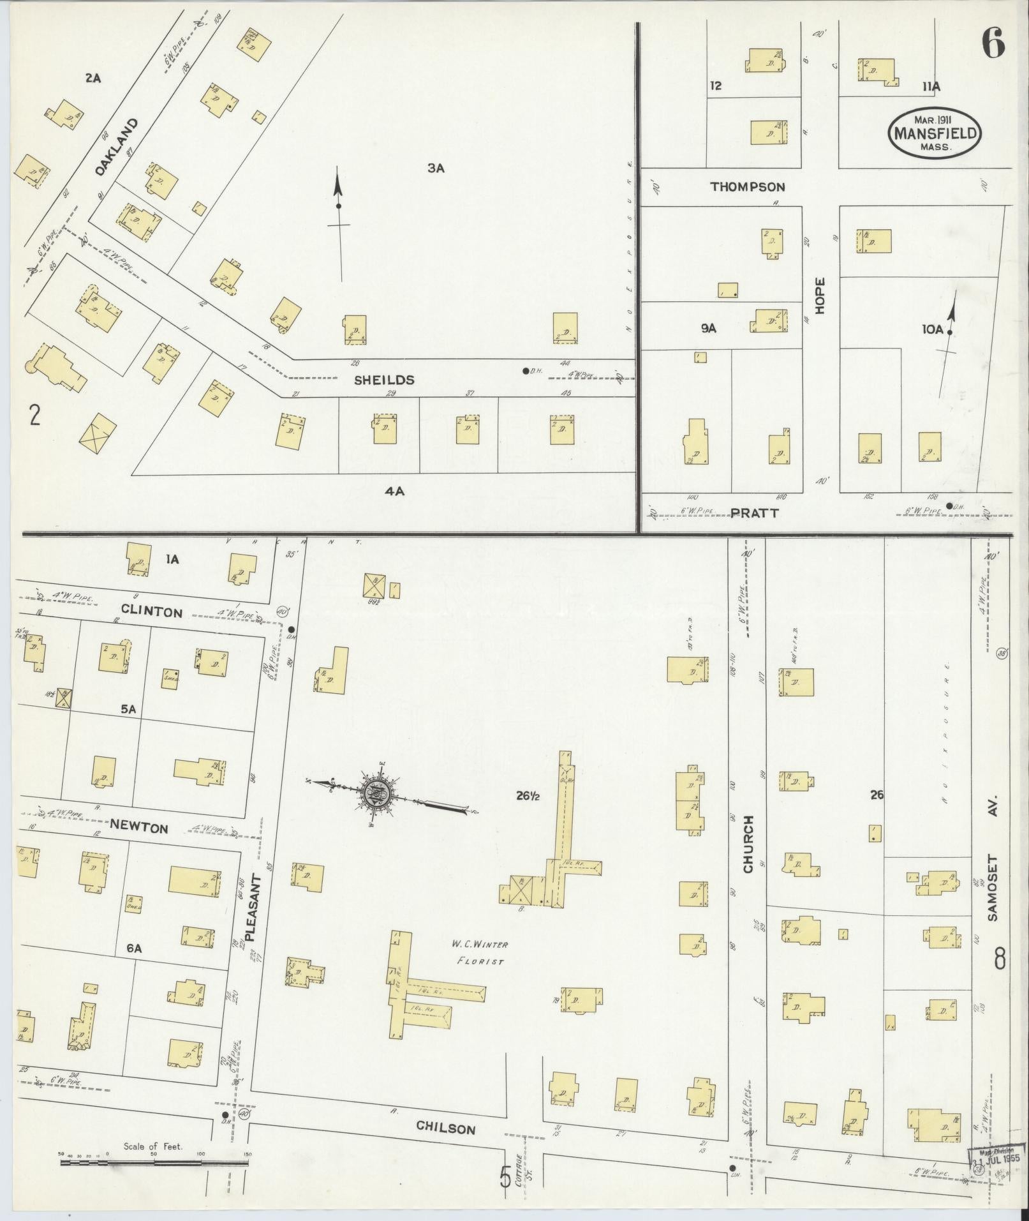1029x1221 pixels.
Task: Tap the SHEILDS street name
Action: (x=384, y=380)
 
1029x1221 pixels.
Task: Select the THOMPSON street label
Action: (x=748, y=187)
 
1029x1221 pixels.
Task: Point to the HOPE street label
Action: (x=820, y=295)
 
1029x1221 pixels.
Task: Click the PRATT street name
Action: (x=755, y=513)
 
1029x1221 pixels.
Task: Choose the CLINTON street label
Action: (x=152, y=612)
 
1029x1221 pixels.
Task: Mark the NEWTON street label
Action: (x=139, y=828)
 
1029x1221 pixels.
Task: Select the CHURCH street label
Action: (x=748, y=844)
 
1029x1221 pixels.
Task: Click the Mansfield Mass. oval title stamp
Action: (x=935, y=133)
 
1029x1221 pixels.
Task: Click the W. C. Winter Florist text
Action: (x=477, y=952)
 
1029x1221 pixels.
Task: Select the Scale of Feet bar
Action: (x=154, y=1163)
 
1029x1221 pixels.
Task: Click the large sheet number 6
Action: (x=993, y=44)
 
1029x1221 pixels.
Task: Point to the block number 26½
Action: (x=529, y=795)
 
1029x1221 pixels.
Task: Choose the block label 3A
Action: (x=436, y=169)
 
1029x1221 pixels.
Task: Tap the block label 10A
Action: (x=931, y=329)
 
